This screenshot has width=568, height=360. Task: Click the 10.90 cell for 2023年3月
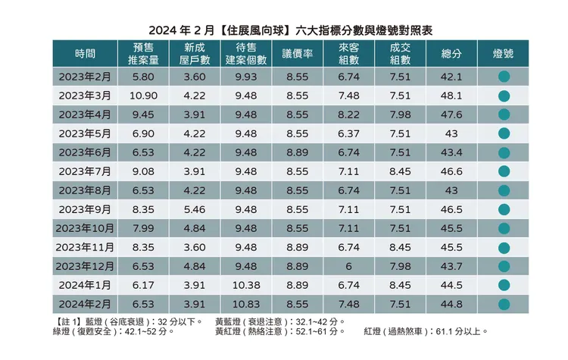[x=143, y=95]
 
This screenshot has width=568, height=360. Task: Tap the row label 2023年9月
[x=85, y=208]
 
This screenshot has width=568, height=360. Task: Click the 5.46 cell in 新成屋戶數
[x=195, y=208]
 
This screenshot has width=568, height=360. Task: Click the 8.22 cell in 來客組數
[x=348, y=114]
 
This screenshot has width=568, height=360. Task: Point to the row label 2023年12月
[x=85, y=266]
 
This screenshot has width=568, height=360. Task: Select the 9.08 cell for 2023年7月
[x=143, y=171]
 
